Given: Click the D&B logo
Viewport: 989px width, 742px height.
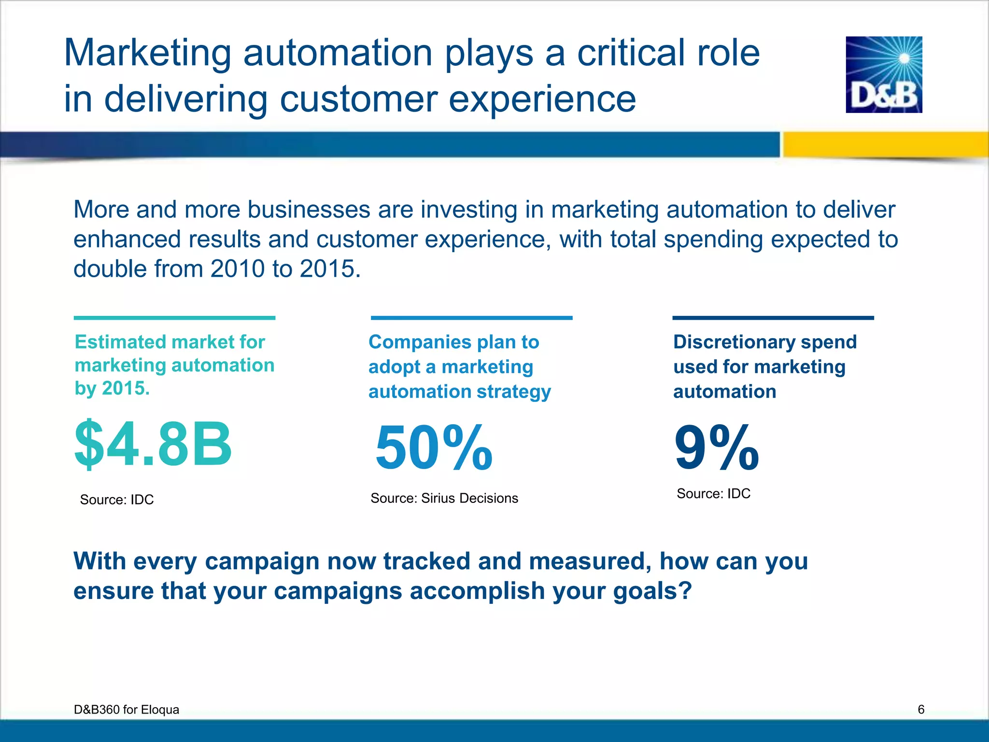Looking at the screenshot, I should (884, 75).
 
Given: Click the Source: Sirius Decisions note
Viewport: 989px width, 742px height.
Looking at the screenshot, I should (444, 498).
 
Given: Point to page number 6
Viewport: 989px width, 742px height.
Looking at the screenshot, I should (921, 709).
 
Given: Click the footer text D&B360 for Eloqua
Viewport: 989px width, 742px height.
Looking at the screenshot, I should (127, 709).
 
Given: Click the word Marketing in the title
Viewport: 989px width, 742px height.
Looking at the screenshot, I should (147, 53).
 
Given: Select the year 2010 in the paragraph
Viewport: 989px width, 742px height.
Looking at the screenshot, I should (238, 269).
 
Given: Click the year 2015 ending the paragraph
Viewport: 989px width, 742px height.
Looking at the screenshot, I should (328, 269).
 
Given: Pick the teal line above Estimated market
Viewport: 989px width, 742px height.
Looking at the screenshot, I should (174, 318).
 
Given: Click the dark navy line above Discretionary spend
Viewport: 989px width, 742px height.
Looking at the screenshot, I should (773, 318).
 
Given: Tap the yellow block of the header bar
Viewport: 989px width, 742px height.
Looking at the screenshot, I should (885, 144).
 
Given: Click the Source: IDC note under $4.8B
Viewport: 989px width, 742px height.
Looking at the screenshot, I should (117, 499).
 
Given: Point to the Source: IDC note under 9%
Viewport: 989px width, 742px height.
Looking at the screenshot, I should (713, 494).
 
